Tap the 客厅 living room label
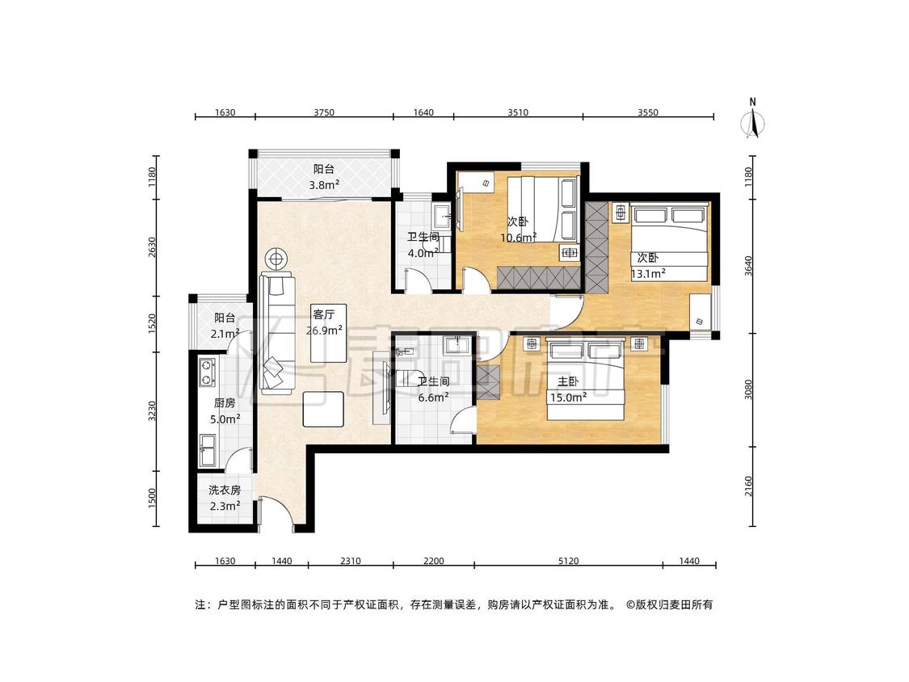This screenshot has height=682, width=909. click(323, 315)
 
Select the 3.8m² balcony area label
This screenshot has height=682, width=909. click(324, 185)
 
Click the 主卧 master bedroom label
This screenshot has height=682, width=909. click(568, 381)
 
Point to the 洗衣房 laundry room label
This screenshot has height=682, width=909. click(225, 490)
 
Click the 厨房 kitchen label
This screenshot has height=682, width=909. click(225, 403)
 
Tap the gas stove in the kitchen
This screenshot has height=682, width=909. click(206, 373)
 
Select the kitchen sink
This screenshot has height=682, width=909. click(207, 450)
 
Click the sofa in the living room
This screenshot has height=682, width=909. click(278, 333)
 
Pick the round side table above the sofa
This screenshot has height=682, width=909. click(277, 259)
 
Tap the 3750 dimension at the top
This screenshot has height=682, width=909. click(324, 112)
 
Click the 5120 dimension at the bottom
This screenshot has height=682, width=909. click(568, 561)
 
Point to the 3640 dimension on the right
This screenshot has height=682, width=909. click(748, 266)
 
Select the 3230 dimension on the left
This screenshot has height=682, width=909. click(152, 410)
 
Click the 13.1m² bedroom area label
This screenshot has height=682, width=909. click(647, 274)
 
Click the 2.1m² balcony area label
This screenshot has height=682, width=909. click(225, 334)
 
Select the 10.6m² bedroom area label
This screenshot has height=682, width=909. click(518, 238)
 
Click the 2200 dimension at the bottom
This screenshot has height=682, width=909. click(434, 561)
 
